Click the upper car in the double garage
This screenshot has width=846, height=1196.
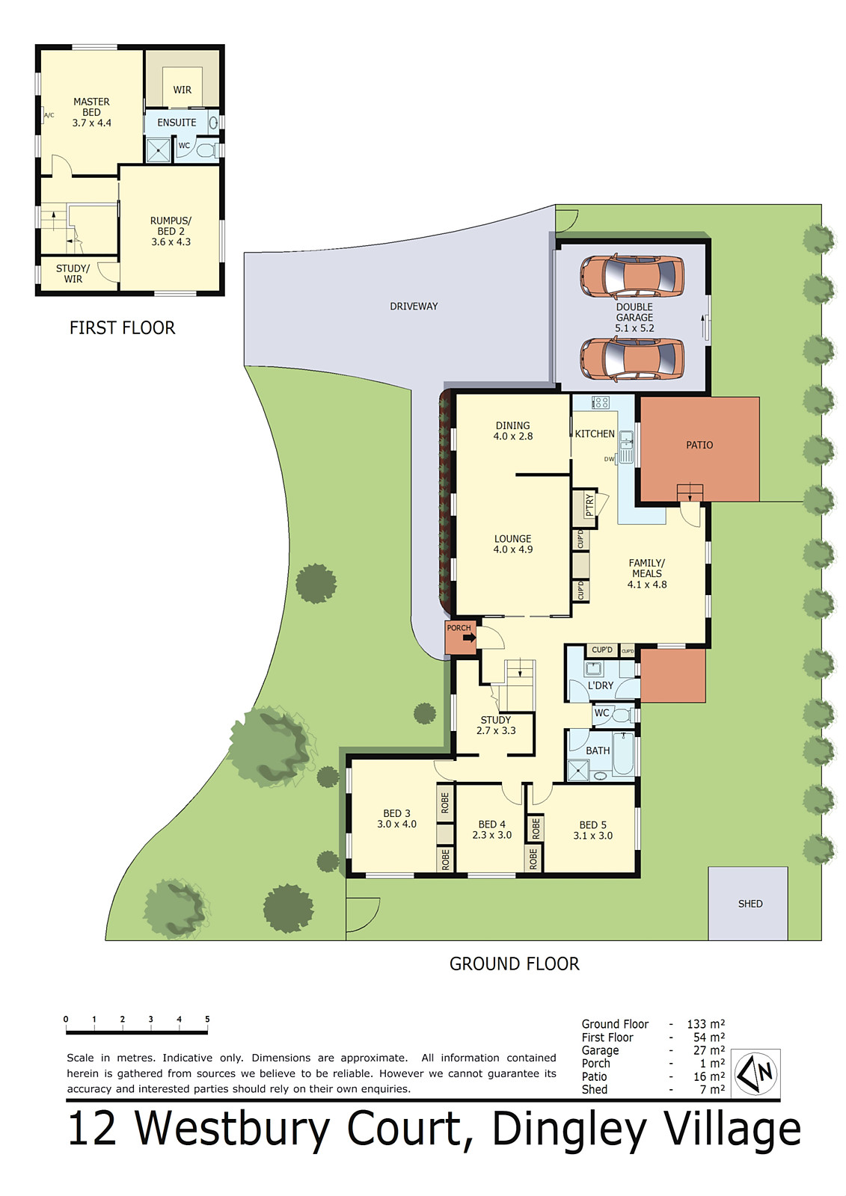tap(632, 276)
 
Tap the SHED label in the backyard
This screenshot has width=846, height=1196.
tap(750, 904)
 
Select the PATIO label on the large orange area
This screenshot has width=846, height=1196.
tap(699, 445)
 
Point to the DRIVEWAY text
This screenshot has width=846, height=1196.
tap(414, 306)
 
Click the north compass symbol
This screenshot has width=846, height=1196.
tap(755, 1073)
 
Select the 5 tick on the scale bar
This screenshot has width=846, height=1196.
tap(207, 1020)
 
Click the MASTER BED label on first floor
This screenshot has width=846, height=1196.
tap(91, 107)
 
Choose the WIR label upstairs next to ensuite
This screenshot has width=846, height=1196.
tap(183, 90)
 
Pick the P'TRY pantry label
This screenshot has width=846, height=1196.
tap(589, 505)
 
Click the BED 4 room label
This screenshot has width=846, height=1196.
tap(491, 824)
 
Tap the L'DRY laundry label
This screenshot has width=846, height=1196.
tap(600, 685)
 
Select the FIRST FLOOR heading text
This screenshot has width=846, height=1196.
tap(122, 328)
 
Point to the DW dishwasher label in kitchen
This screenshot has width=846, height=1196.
tap(609, 459)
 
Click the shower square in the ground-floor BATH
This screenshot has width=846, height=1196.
tap(577, 770)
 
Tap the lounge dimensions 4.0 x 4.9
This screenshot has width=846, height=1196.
tap(512, 549)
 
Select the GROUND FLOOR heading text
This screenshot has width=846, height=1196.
tap(514, 964)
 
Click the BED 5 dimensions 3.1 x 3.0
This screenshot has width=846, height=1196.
tap(592, 836)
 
